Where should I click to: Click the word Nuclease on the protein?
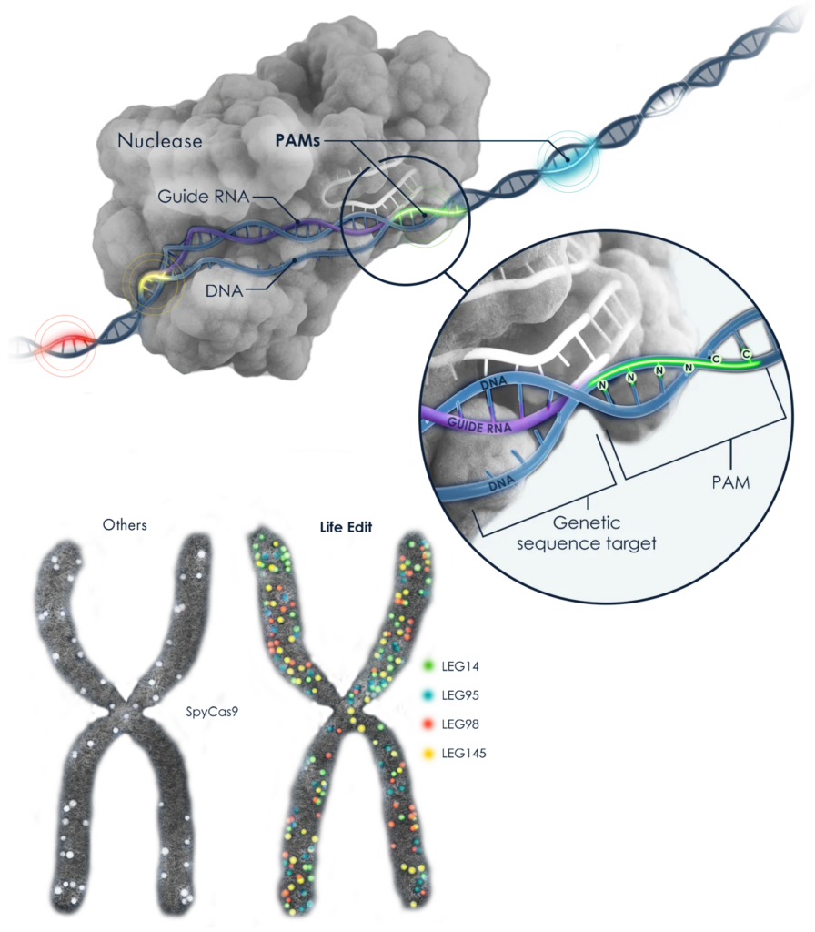[159, 142]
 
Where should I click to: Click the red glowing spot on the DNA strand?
[64, 343]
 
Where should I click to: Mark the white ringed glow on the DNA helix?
[664, 103]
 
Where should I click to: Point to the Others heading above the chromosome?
[126, 525]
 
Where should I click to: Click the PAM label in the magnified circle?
[731, 482]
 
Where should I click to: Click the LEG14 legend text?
[461, 666]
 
